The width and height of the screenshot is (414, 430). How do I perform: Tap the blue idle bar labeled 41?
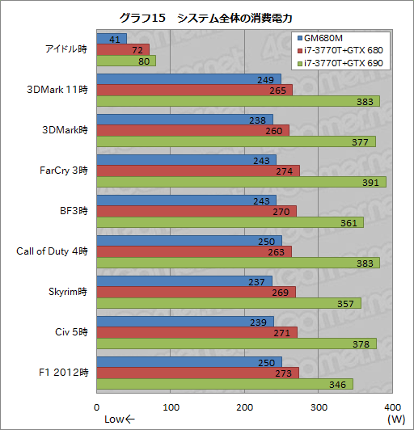112,38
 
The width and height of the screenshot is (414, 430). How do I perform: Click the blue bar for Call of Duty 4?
189,240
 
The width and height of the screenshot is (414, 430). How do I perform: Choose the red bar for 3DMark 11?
194,90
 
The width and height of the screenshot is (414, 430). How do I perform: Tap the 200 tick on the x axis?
244,407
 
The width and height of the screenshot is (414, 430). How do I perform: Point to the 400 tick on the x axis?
392,407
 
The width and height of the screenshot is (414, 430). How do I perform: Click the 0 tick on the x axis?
97,407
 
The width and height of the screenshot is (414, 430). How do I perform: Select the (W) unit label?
395,419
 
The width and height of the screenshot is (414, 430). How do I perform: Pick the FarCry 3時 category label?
64,171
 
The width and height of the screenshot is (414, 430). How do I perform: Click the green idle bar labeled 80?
126,61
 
